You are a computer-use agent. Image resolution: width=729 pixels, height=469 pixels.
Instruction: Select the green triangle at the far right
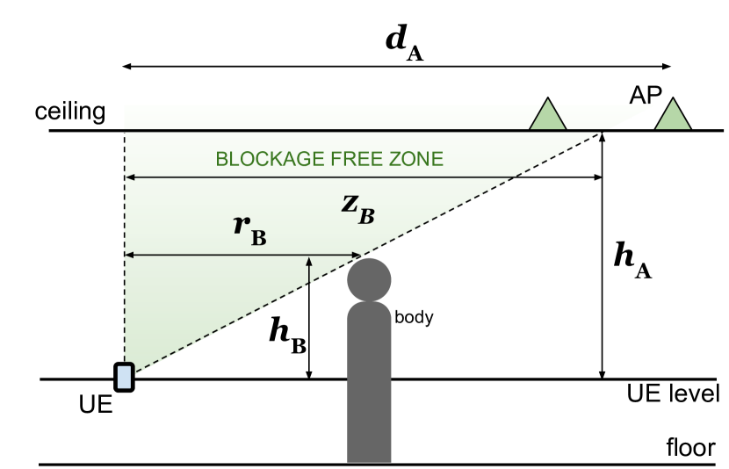point(673,116)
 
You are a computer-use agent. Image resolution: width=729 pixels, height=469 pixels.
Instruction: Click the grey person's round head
point(369,279)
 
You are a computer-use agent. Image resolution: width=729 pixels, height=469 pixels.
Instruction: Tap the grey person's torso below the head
point(369,351)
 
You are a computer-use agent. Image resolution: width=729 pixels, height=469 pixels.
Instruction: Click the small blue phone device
point(124,377)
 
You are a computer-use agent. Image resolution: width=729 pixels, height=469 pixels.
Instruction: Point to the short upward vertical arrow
point(309,270)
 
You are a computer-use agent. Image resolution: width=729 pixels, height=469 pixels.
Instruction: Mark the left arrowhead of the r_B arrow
point(128,255)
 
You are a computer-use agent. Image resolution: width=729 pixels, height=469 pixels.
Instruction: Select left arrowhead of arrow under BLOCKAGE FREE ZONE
point(128,177)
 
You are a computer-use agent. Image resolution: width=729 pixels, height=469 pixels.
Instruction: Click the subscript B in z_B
point(366,215)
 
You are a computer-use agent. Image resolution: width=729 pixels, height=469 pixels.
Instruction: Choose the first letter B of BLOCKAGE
point(221,159)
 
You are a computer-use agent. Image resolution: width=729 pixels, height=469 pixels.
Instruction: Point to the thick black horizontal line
point(351,131)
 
